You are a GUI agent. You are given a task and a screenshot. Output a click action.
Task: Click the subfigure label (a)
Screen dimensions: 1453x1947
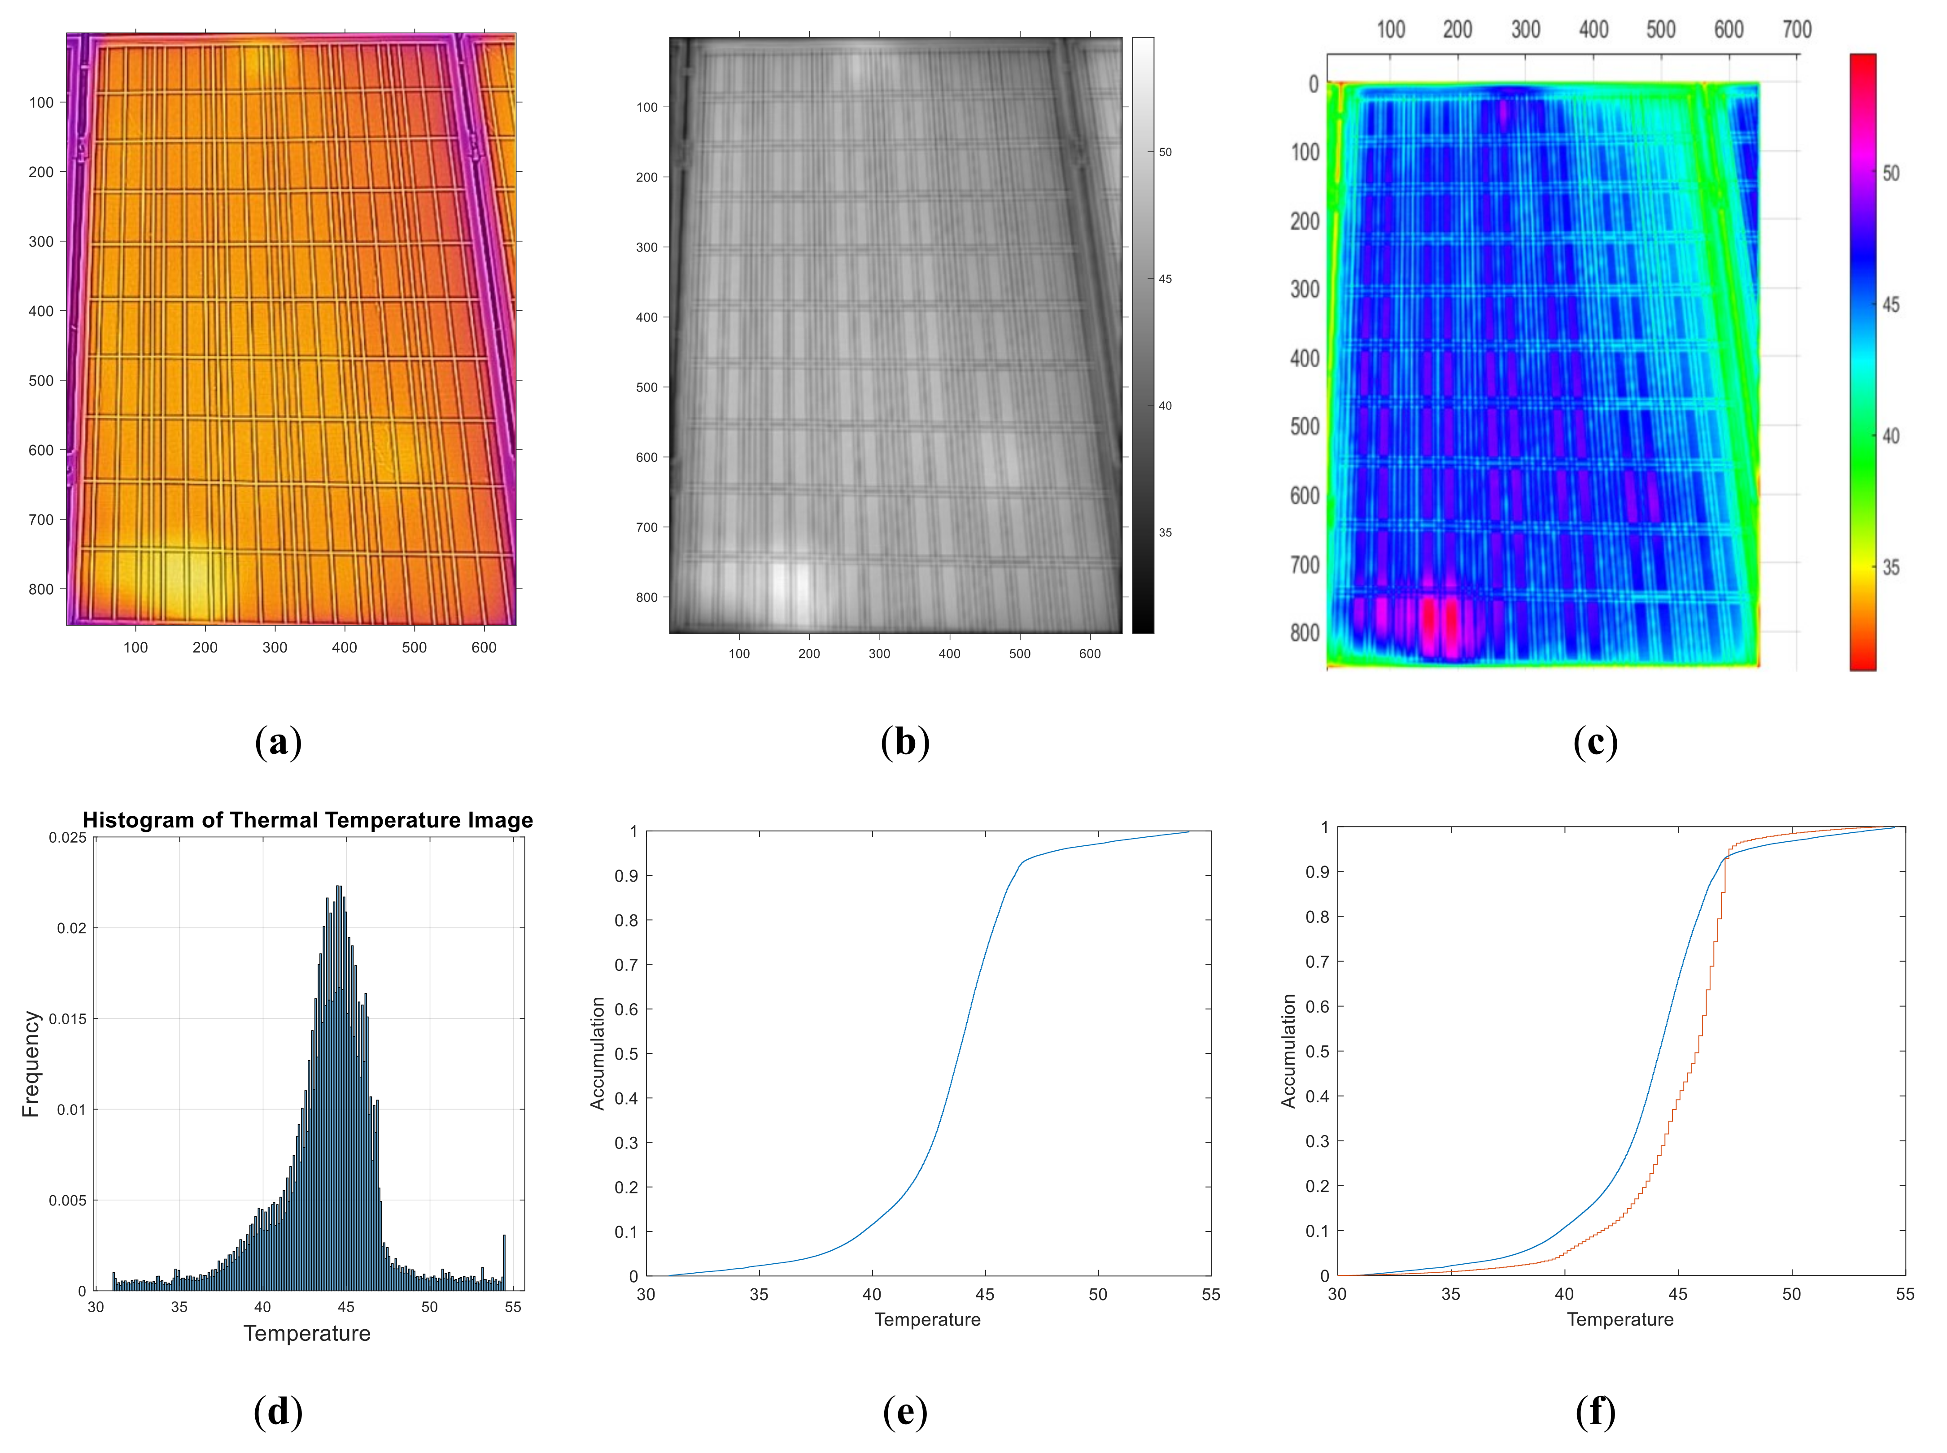pyautogui.click(x=278, y=741)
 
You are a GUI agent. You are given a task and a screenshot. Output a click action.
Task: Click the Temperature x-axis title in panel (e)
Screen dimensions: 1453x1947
pyautogui.click(x=927, y=1319)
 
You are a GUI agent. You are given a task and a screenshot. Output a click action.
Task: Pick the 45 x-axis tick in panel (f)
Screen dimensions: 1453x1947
pyautogui.click(x=1678, y=1294)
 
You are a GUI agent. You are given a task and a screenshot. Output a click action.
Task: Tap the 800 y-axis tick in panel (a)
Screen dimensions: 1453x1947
pyautogui.click(x=41, y=589)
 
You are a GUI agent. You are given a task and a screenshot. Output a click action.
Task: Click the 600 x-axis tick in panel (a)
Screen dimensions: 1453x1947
pyautogui.click(x=484, y=647)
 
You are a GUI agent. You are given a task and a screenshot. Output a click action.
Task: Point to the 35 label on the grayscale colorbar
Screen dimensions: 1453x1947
pyautogui.click(x=1165, y=532)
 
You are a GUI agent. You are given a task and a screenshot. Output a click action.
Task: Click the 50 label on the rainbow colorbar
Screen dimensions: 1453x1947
pyautogui.click(x=1890, y=173)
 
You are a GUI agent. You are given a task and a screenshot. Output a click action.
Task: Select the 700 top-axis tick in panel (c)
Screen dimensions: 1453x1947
pyautogui.click(x=1797, y=30)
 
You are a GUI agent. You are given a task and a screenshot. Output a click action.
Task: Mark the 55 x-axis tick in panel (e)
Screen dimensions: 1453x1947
pyautogui.click(x=1211, y=1294)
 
